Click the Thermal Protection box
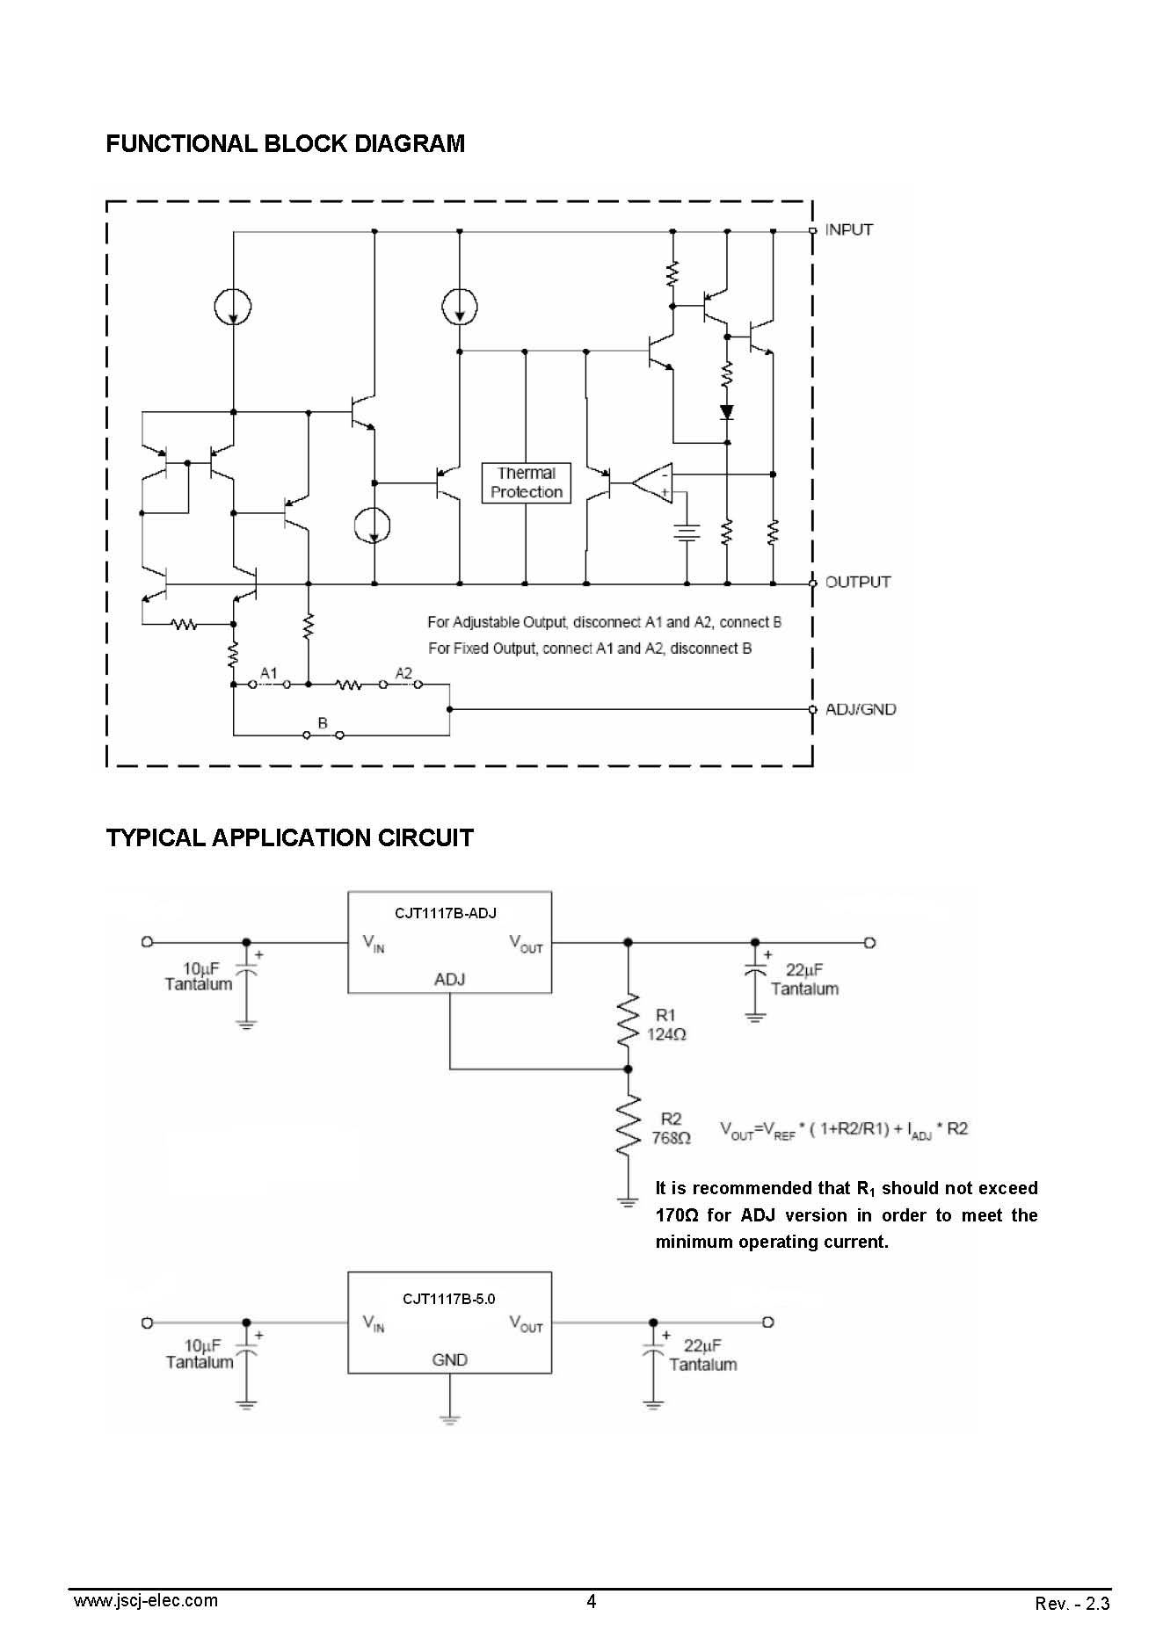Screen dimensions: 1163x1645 (527, 482)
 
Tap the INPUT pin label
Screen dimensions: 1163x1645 (848, 229)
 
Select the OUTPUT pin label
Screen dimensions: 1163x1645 (857, 582)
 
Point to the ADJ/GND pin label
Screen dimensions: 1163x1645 (861, 709)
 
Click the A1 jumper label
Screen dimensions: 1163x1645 (269, 673)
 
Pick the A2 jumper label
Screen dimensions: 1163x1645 (403, 673)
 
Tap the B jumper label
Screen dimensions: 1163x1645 (323, 723)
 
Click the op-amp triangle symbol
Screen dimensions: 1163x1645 (652, 483)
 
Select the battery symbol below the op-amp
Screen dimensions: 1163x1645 (687, 533)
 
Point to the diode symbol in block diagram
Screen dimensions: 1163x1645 (727, 411)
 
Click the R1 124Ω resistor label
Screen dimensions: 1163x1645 (666, 1025)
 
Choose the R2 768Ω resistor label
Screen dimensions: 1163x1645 (671, 1128)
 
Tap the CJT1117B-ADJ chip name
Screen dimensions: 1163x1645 (446, 913)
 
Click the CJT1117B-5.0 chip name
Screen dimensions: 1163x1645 (449, 1299)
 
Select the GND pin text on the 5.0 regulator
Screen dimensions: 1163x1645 (449, 1359)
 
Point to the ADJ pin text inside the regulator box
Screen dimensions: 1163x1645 (449, 979)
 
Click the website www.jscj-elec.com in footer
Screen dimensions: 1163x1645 (146, 1600)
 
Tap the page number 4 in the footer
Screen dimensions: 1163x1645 (591, 1601)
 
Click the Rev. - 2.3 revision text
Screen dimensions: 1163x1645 (1072, 1604)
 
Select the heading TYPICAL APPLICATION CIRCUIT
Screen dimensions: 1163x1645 (290, 837)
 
